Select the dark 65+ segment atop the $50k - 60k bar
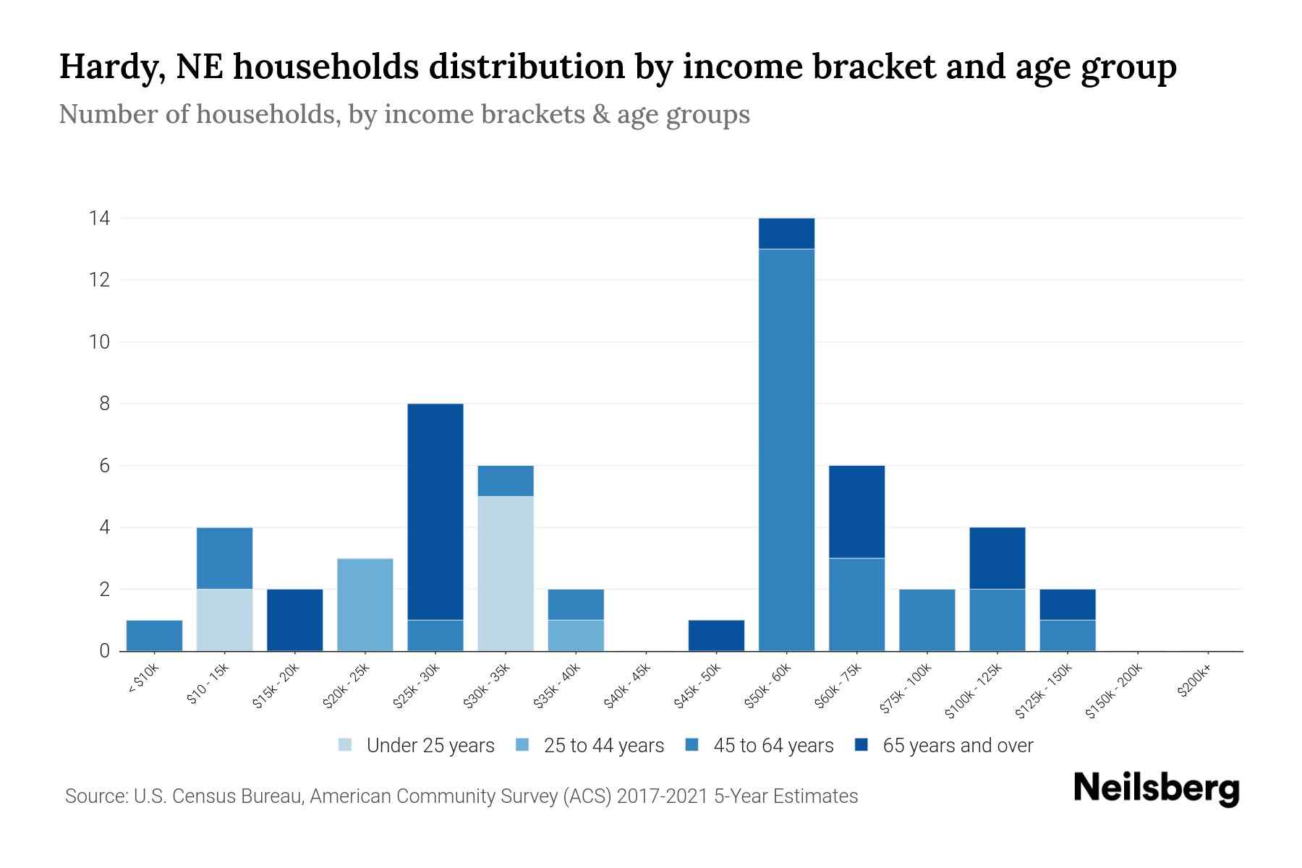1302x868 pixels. click(x=786, y=234)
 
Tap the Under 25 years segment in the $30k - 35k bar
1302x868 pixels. click(x=506, y=574)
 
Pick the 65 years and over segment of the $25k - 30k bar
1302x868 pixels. click(x=435, y=511)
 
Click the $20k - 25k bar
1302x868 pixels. click(x=365, y=605)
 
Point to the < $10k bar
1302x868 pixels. click(x=154, y=636)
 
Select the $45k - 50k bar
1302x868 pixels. click(x=716, y=636)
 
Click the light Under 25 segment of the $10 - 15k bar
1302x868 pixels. click(x=224, y=620)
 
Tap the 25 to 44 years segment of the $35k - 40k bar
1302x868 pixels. click(x=576, y=636)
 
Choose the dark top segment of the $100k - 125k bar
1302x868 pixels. click(x=997, y=558)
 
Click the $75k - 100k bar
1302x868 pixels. click(x=927, y=620)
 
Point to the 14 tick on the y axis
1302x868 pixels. click(x=99, y=218)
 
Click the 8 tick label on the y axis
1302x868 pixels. click(x=105, y=404)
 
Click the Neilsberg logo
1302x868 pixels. click(x=1156, y=788)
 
